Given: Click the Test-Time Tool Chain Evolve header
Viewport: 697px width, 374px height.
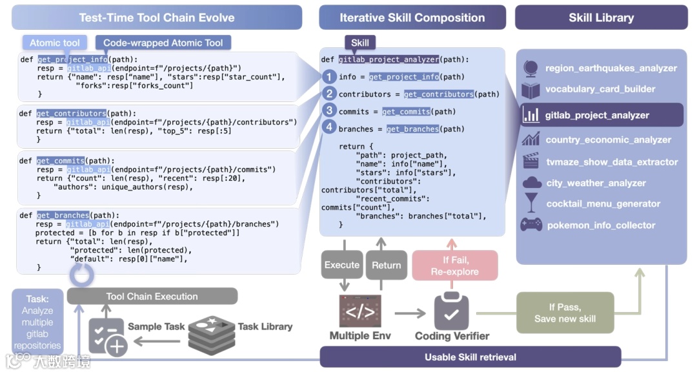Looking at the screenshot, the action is (x=157, y=17).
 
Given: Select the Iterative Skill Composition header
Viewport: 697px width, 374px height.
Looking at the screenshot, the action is (x=412, y=17).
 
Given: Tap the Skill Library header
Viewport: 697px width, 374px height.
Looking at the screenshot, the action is (x=601, y=17).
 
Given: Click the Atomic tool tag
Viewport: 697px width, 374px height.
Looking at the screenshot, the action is (x=54, y=43).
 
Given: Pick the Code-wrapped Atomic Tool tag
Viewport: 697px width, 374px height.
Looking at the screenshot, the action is (x=163, y=43).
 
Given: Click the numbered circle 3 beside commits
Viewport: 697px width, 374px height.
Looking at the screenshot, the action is (x=329, y=110).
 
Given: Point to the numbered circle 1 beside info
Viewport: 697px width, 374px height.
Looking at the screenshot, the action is (x=329, y=76).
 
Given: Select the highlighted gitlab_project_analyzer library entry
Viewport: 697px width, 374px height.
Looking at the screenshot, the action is (x=601, y=115).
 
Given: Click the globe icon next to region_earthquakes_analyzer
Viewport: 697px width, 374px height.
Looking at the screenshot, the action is (x=530, y=68).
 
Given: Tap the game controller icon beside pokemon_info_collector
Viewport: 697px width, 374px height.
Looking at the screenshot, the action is (x=531, y=224).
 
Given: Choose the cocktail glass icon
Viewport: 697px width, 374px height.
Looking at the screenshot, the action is (x=531, y=203).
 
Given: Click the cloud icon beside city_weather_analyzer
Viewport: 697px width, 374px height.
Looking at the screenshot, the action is (x=532, y=182).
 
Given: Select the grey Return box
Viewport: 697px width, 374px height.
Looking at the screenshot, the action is (x=387, y=265).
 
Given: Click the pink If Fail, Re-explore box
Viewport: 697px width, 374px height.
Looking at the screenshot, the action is (x=455, y=265).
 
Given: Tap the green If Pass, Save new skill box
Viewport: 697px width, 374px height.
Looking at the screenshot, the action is (x=565, y=313).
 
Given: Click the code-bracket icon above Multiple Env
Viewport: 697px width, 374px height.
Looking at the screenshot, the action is (x=360, y=311).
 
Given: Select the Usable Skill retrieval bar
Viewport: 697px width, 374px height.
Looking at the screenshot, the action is (x=470, y=357).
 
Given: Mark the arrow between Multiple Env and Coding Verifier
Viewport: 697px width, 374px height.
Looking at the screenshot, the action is (x=410, y=313).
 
